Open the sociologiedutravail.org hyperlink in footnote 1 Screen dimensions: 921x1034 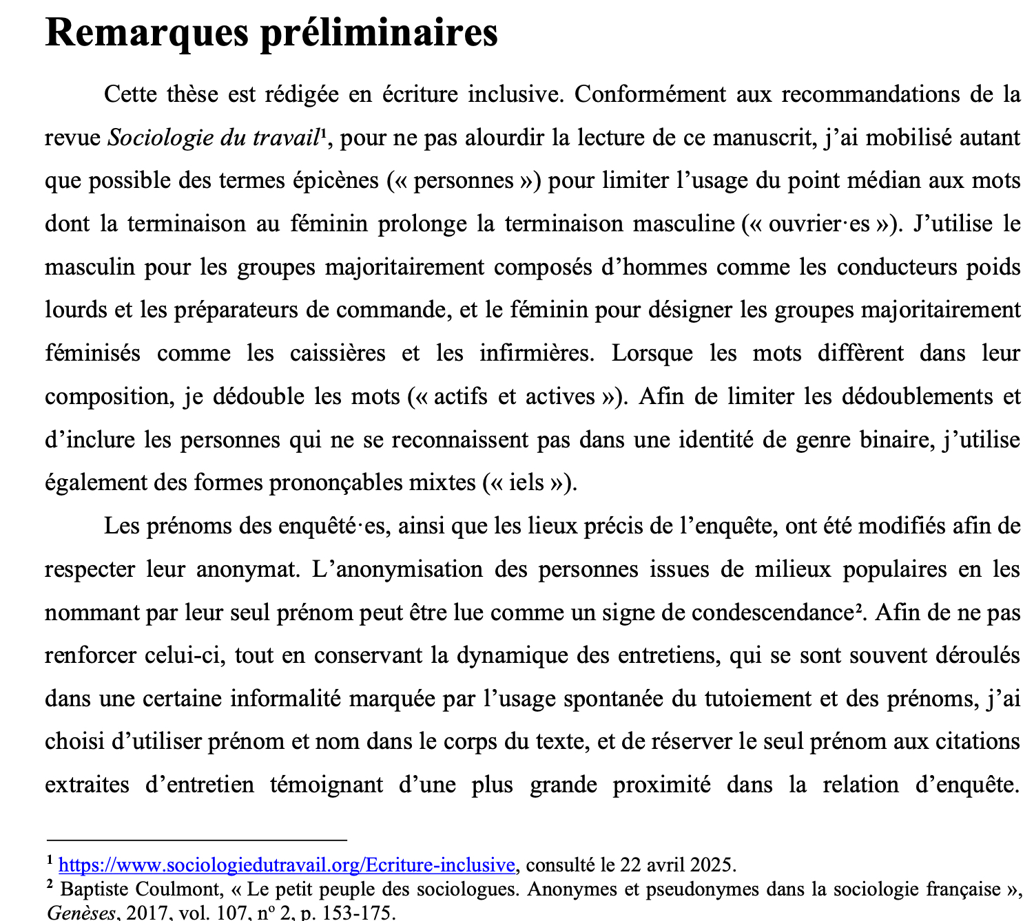point(287,865)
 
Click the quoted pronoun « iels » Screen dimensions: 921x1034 point(527,483)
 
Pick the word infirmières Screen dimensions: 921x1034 point(536,353)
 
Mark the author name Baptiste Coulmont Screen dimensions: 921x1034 point(141,889)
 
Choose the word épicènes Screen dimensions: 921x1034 point(336,180)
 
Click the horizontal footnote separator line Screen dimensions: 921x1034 point(196,840)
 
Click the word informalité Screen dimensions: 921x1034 point(285,699)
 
